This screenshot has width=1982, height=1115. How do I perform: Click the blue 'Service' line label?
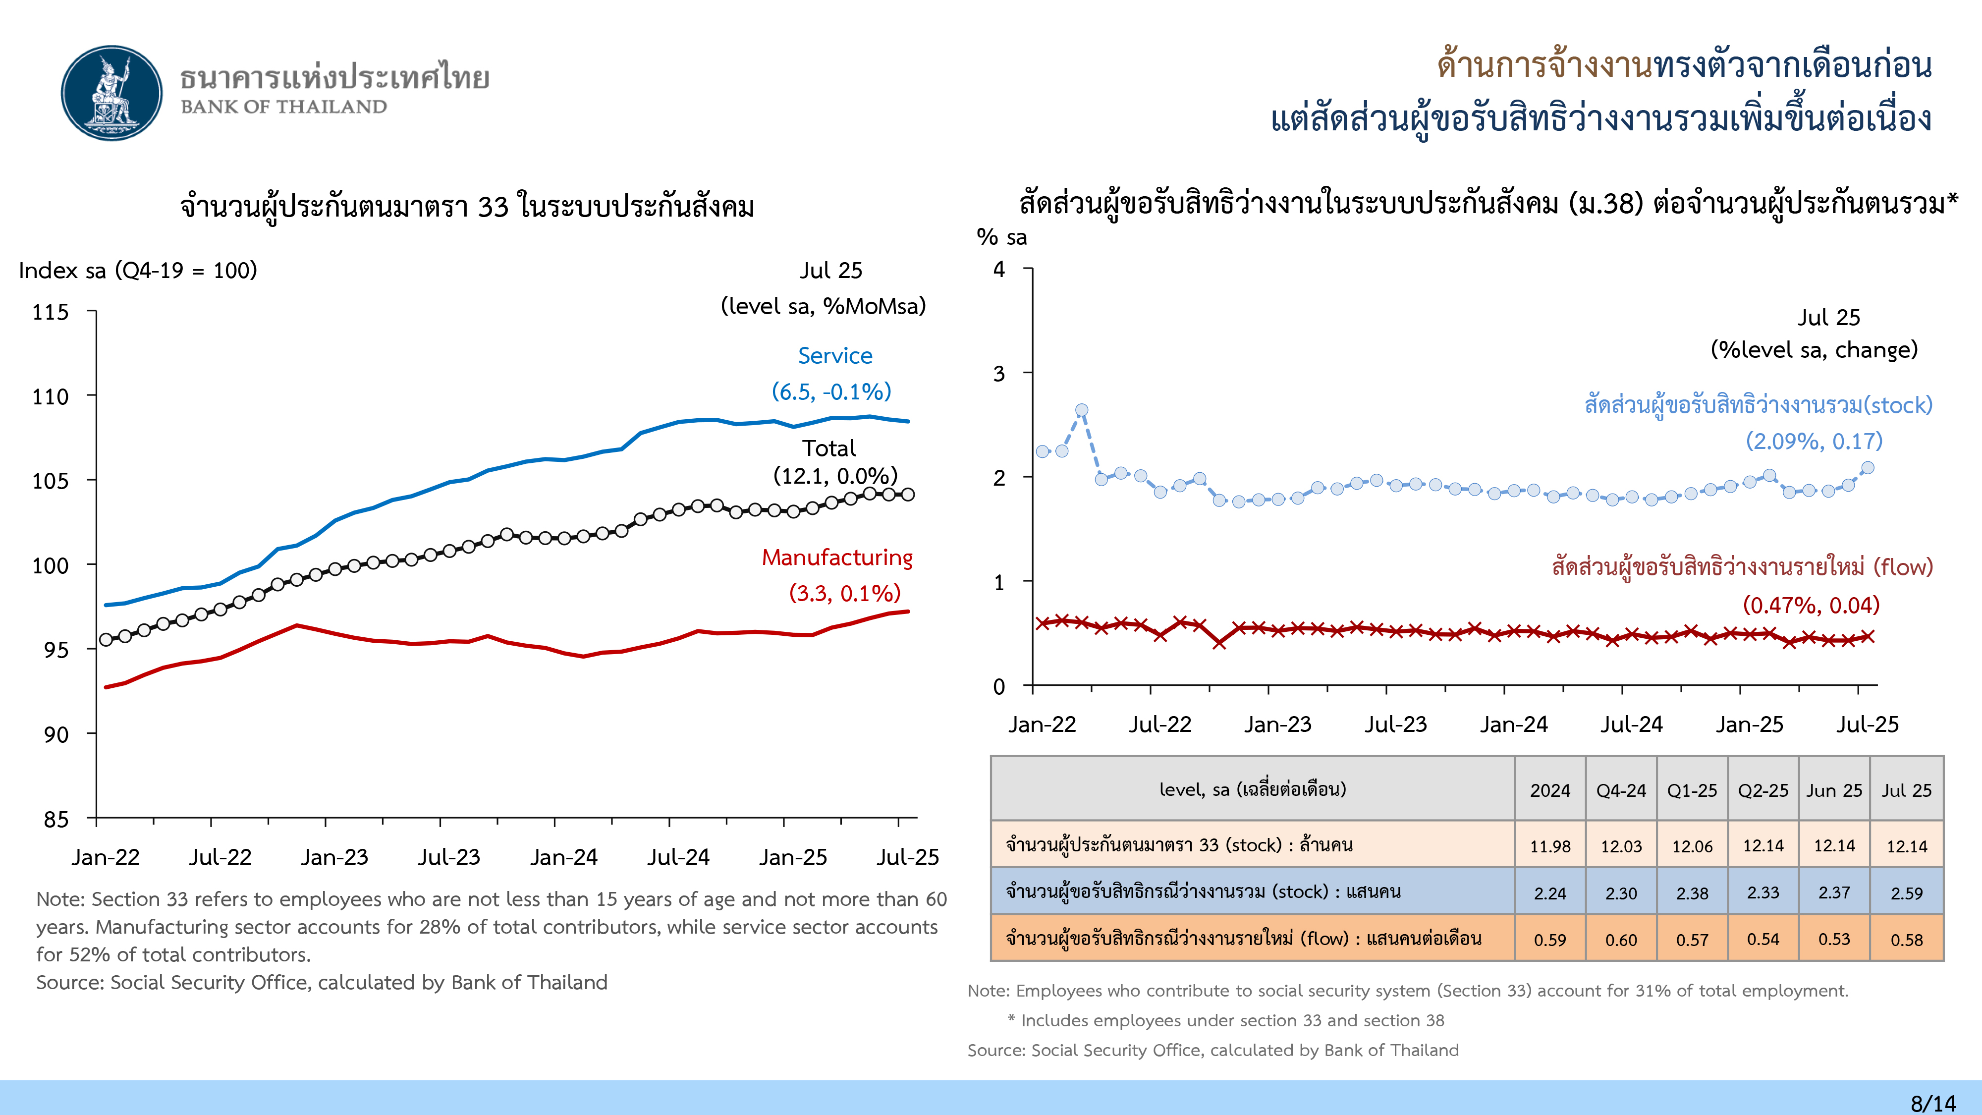835,355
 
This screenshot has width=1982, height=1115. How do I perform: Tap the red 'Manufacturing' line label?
837,557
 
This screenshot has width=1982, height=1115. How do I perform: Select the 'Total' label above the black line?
828,448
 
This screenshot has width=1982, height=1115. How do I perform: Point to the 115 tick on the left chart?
51,312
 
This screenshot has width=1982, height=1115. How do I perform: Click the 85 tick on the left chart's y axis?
56,819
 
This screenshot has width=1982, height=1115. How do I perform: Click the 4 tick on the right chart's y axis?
999,269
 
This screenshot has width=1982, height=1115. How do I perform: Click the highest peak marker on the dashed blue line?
1082,411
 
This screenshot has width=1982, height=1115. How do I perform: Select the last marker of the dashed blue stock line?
1868,468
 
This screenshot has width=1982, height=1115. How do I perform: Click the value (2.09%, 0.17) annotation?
1814,441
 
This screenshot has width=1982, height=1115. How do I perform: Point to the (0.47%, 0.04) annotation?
1811,605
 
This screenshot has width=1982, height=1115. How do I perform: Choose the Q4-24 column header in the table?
1621,790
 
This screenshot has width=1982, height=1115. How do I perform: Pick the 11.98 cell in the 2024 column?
1549,846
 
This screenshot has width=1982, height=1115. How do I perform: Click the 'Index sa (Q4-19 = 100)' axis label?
138,270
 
